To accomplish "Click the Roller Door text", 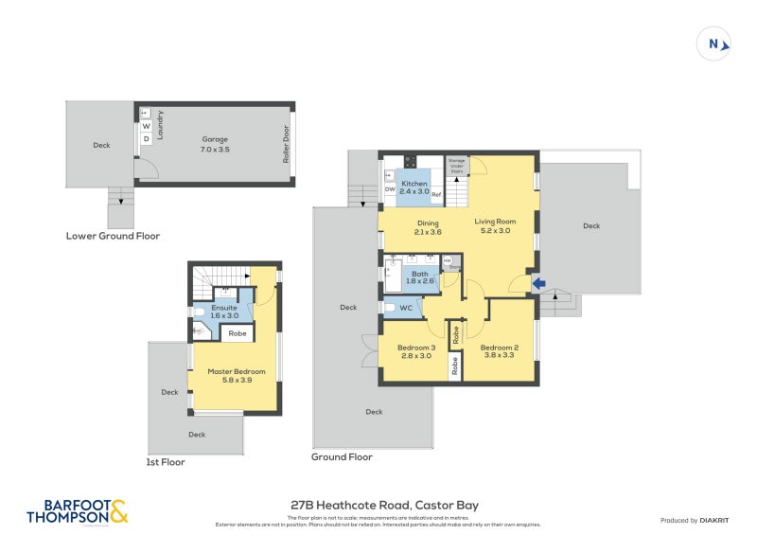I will tap(285, 145).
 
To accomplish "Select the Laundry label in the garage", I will tap(161, 126).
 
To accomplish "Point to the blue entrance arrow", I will tap(537, 282).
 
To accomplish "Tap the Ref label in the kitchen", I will tap(436, 194).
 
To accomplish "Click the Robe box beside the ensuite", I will tap(238, 333).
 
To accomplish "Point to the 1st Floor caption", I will tap(166, 462).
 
